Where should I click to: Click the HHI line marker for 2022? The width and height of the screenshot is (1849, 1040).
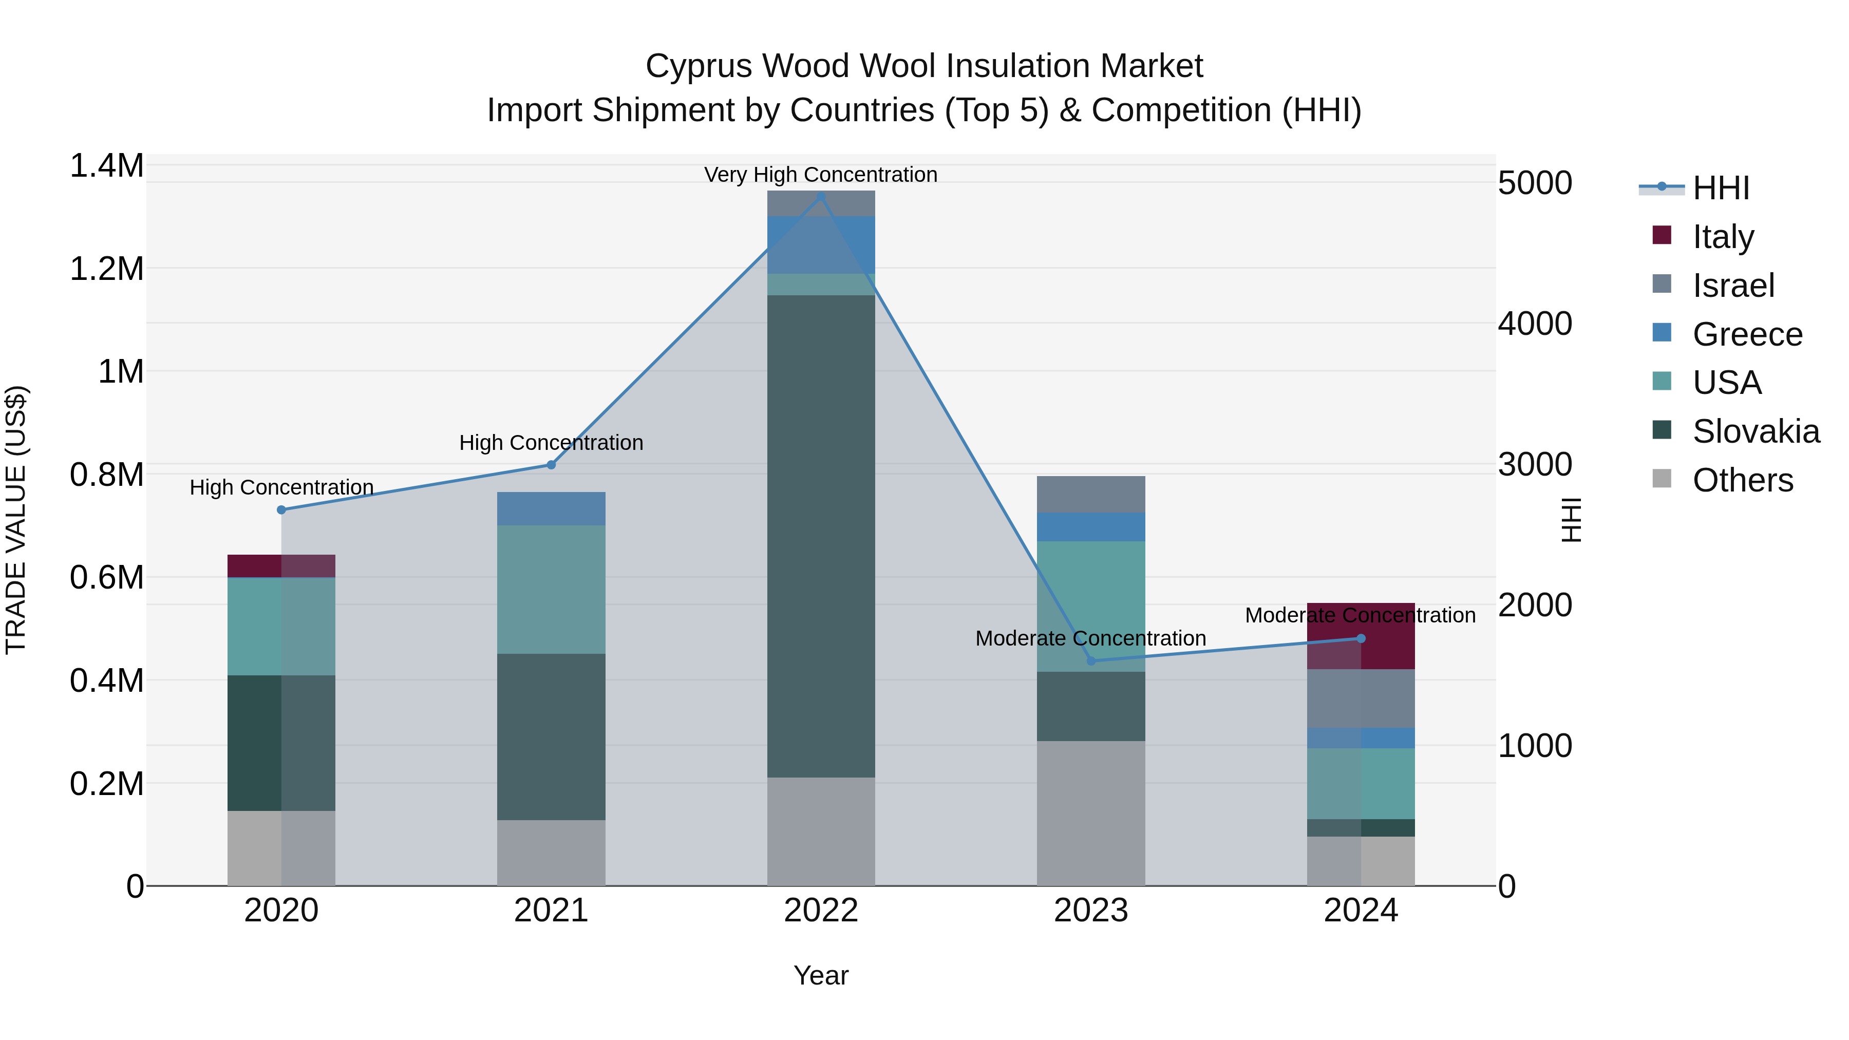821,196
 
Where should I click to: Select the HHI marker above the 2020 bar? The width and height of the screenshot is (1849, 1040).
281,509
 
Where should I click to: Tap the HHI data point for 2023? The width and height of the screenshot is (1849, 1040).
1091,660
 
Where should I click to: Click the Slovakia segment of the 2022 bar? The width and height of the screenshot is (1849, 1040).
821,536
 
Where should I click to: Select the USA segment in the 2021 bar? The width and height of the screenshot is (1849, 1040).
551,589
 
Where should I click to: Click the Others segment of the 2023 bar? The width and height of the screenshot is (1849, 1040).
1091,812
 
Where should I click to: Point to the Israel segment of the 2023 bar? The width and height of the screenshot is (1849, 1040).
1091,494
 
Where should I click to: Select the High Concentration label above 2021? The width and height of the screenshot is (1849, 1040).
551,443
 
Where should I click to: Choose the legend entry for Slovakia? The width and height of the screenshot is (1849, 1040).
1755,431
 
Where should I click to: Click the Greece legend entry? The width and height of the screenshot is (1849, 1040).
1746,334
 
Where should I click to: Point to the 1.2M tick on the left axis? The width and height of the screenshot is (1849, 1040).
106,269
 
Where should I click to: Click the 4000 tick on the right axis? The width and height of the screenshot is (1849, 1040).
1535,324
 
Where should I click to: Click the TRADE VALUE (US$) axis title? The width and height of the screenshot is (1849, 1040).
16,520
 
